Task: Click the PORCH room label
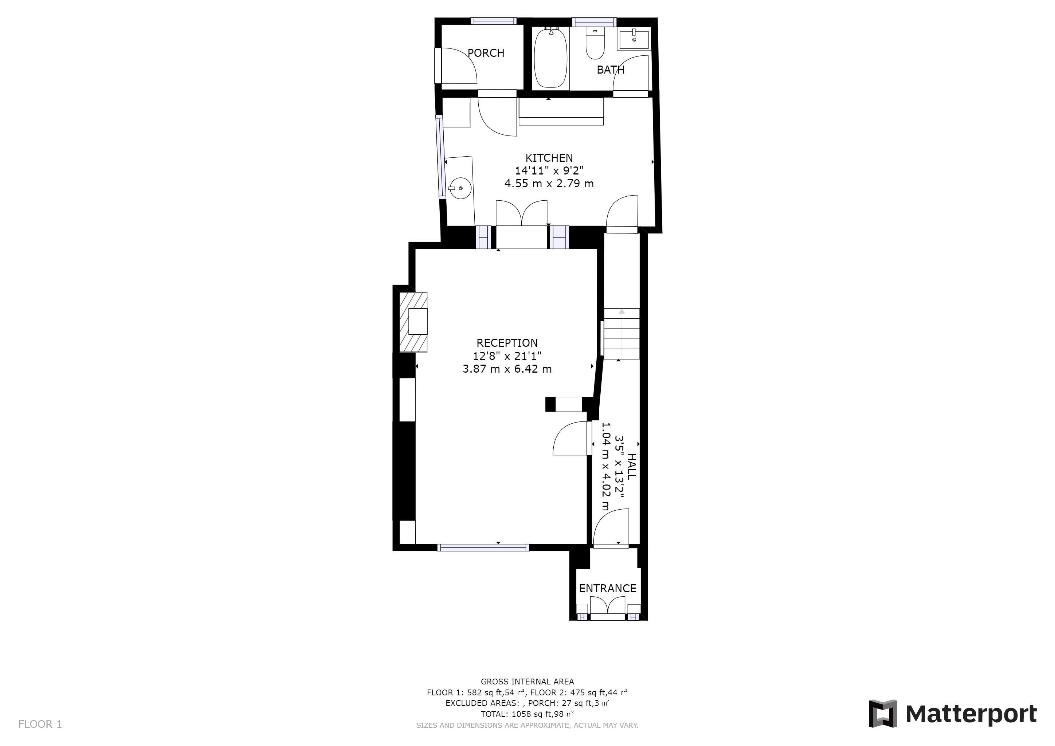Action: [x=486, y=53]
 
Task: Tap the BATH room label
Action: [x=610, y=70]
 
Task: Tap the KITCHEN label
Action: [x=549, y=158]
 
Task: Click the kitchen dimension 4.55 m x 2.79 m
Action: [x=549, y=184]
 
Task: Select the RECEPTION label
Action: [x=507, y=343]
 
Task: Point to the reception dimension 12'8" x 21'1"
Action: [x=507, y=356]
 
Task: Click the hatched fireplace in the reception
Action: [x=91, y=322]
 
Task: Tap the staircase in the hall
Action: [x=621, y=334]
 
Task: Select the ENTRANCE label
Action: [x=607, y=588]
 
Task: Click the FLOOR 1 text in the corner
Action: [x=40, y=725]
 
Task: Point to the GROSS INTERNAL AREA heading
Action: [x=527, y=682]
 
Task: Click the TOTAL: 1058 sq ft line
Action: [x=527, y=714]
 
